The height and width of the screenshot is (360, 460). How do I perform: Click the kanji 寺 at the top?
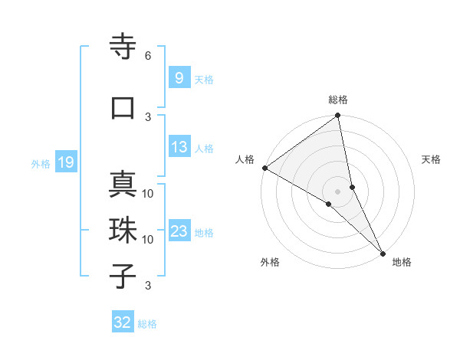coord(123,48)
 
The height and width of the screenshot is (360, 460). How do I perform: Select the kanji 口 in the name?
coord(123,108)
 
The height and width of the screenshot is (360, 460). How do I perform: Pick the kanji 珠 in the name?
coord(123,231)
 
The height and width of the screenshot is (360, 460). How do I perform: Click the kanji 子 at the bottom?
coord(123,277)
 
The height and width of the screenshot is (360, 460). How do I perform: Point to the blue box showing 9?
coord(179,78)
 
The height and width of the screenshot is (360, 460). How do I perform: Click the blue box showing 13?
coord(179,148)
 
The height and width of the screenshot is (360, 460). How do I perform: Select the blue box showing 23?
coord(179,231)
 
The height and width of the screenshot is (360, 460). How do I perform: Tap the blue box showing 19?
coord(65,162)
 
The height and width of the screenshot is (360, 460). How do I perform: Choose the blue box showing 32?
coord(123,322)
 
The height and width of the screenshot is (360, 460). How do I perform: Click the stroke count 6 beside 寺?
coord(148,56)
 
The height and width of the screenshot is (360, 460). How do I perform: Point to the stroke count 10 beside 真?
coord(148,193)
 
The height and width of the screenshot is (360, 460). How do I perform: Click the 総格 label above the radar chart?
coord(338,100)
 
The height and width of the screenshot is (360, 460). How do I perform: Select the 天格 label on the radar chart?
coord(432,159)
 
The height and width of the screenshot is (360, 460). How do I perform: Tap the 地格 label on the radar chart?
coord(402,263)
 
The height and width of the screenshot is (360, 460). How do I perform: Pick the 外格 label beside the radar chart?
coord(269,263)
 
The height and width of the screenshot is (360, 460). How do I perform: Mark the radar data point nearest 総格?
coord(338,116)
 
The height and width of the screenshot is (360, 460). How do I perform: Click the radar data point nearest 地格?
coord(383,252)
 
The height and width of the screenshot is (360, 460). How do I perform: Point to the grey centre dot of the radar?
coord(338,191)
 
